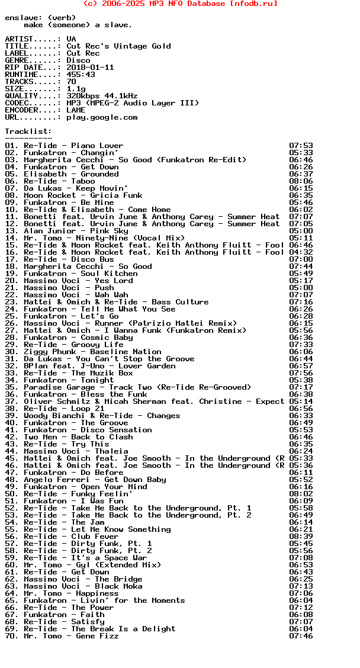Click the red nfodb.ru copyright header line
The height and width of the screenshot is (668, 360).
point(180,4)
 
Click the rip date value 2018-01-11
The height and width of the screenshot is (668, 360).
point(90,68)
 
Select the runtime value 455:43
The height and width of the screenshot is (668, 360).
point(81,75)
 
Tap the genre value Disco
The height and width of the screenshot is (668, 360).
point(78,60)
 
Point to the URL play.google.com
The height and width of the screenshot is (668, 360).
point(102,117)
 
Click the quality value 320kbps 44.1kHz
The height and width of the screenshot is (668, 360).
point(102,96)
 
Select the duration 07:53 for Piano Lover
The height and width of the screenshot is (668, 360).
point(301,146)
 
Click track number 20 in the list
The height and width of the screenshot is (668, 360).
point(12,281)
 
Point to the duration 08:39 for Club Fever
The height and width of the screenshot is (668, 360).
point(301,537)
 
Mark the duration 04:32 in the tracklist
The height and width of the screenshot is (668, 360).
point(301,252)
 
